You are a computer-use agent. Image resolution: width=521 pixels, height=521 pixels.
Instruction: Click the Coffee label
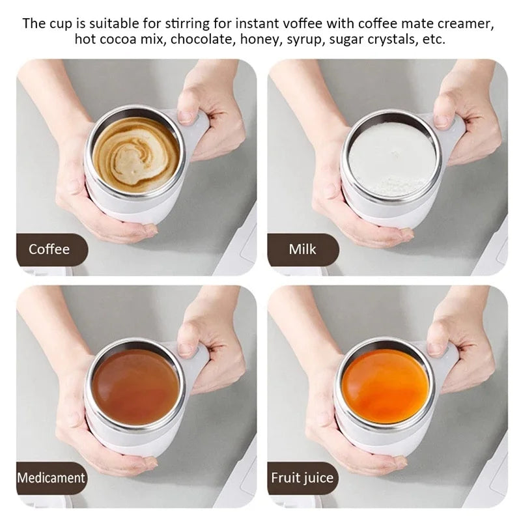pyautogui.click(x=49, y=249)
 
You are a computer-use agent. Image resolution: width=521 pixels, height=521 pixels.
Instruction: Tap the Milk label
pyautogui.click(x=302, y=249)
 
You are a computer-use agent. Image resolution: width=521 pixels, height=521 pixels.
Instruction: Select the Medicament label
pyautogui.click(x=51, y=477)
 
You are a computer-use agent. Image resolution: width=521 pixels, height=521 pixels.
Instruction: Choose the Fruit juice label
pyautogui.click(x=302, y=477)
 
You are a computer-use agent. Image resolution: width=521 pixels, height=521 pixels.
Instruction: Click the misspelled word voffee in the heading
pyautogui.click(x=307, y=24)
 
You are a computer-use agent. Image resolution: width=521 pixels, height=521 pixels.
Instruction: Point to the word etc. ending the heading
pyautogui.click(x=435, y=40)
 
